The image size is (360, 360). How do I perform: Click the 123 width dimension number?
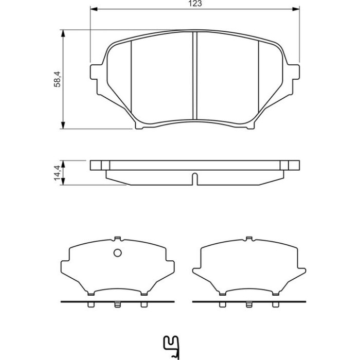tap(195, 4)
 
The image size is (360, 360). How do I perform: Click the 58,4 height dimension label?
tap(57, 79)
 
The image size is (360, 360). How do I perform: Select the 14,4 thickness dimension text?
tap(57, 173)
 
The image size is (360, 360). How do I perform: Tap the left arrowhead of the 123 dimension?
tap(94, 9)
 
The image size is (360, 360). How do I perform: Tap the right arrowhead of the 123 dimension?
tap(296, 9)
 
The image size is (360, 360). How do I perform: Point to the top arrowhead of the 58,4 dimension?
tap(63, 33)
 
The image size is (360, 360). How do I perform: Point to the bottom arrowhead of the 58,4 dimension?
tap(63, 125)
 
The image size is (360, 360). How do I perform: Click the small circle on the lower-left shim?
tap(118, 253)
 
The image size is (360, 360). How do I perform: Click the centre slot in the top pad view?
tap(195, 76)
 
